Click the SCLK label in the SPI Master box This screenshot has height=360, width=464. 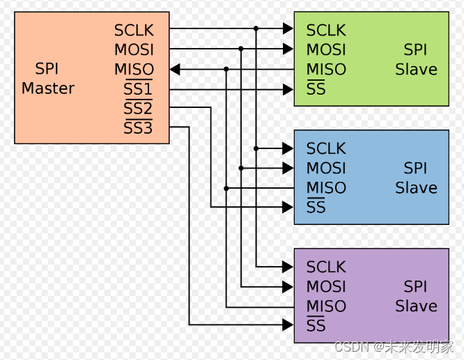point(134,31)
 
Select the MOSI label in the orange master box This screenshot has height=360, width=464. point(134,50)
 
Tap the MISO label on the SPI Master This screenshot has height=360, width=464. point(134,70)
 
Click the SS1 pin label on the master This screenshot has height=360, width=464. point(138,89)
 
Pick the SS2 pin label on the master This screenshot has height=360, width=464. point(138,109)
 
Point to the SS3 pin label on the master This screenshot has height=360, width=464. point(138,128)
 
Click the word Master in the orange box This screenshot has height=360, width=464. point(48,88)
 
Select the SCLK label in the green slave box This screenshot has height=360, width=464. point(326,31)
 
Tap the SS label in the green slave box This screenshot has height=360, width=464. point(316,89)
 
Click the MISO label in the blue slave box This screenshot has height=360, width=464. point(326,188)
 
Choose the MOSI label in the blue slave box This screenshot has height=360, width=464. point(326,169)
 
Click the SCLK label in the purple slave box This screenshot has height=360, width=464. point(326,267)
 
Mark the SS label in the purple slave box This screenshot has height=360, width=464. point(316,325)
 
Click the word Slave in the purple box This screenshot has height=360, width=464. point(416,306)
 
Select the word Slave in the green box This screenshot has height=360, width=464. point(416,70)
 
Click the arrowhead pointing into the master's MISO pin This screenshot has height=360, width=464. point(175,69)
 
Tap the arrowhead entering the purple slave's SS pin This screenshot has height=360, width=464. point(288,325)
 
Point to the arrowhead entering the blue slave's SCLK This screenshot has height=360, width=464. point(288,148)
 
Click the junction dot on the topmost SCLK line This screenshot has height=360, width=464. point(256,29)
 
